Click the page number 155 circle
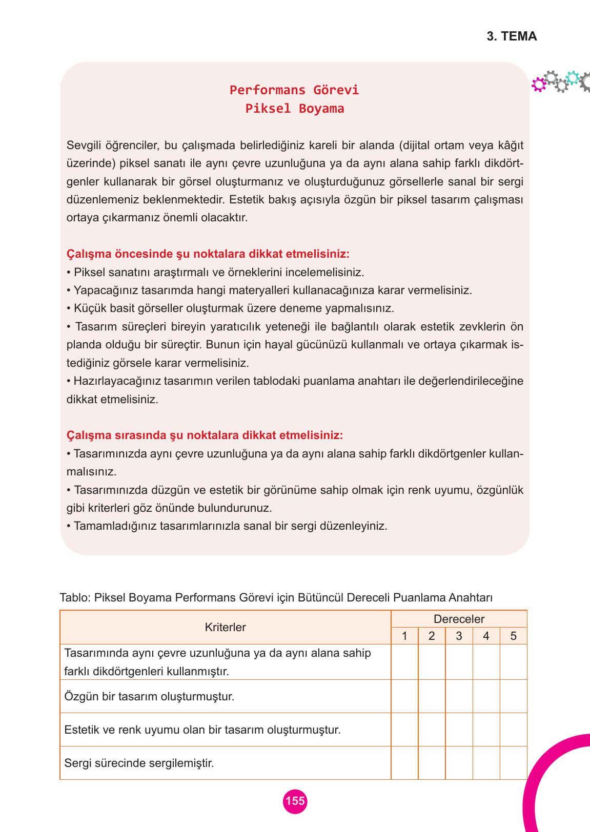coord(295,801)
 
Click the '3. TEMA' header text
coord(511,36)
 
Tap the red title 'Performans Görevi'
coord(294,90)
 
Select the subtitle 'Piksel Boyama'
coord(294,109)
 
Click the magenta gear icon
coord(538,85)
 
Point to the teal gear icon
coord(573,78)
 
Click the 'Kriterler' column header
coord(225,627)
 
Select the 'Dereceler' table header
coord(459,619)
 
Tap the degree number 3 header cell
coord(459,636)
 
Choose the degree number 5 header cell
coord(513,636)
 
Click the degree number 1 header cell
coord(404,636)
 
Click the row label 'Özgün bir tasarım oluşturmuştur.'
coord(149,697)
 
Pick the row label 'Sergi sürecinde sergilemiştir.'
coord(139,763)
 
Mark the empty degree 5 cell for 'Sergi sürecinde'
coord(513,763)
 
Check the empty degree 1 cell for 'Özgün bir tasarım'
coord(404,697)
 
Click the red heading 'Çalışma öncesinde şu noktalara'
coord(208,254)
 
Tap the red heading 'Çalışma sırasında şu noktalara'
coord(205,435)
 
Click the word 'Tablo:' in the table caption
coord(75,598)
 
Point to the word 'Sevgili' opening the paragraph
coord(83,145)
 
